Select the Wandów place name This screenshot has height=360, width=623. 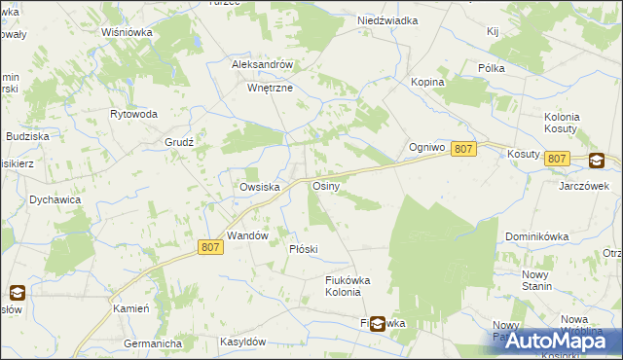tap(247, 235)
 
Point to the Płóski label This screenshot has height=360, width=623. tap(304, 249)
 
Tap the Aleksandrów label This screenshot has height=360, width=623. tap(263, 64)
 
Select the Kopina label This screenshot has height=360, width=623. tap(427, 83)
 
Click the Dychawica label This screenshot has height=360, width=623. tap(55, 199)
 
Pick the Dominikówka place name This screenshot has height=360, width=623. tap(537, 236)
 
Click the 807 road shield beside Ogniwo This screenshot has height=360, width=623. tap(464, 148)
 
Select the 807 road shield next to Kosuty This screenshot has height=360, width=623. tap(557, 159)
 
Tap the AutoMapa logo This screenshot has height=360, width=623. tap(551, 340)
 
